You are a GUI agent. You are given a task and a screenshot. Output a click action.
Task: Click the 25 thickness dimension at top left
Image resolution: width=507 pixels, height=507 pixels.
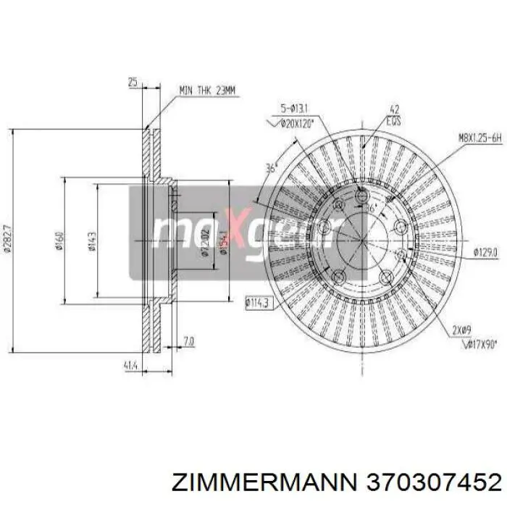pos(133,83)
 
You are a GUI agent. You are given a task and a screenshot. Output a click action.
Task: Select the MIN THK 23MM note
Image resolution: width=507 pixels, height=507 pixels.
pos(208,91)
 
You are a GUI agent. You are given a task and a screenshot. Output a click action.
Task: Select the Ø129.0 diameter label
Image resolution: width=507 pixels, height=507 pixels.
pos(485,252)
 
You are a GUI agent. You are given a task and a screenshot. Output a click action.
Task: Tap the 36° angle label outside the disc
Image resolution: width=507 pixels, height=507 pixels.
pos(272,167)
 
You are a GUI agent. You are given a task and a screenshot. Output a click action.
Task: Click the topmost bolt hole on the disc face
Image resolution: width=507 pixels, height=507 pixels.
pos(363,196)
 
